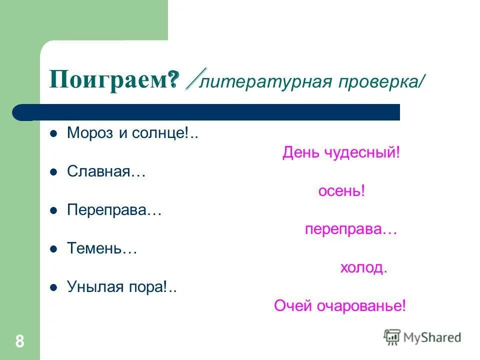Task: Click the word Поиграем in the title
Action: pos(107,79)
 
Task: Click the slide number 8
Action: pos(19,341)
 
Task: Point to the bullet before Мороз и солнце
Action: pos(53,134)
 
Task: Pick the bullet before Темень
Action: pos(53,249)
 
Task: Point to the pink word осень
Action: pos(339,191)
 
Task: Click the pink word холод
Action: pos(362,267)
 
